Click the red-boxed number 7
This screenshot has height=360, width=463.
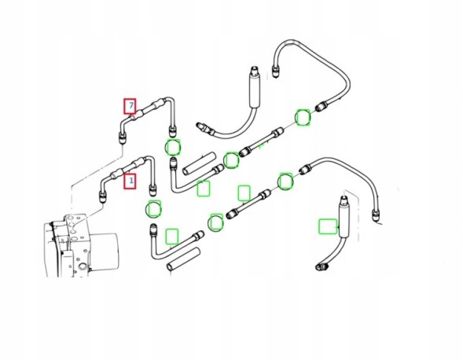pos(130,106)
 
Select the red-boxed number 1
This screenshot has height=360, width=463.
pos(130,181)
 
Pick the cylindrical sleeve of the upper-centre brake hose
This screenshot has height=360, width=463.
pos(255,91)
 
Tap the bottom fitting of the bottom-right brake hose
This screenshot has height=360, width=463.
pos(321,266)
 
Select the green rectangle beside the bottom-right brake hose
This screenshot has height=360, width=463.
pos(328,226)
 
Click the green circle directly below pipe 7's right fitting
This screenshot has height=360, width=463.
pos(172,147)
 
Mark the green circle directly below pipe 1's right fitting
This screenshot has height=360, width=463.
pos(154,209)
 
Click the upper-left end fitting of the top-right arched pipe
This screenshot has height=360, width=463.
pos(276,72)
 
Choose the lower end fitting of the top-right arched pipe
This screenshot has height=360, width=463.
pos(321,106)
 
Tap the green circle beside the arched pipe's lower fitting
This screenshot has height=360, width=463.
pos(303,118)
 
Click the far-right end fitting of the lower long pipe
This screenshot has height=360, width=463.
pos(375,215)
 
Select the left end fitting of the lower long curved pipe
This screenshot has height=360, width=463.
pos(304,170)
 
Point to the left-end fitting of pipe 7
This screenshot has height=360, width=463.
pos(123,138)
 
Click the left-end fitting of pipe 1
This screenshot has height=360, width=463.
pos(102,197)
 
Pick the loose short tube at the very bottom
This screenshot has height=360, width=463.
pos(183,259)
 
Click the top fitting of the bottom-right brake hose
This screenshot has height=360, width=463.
pos(344,201)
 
